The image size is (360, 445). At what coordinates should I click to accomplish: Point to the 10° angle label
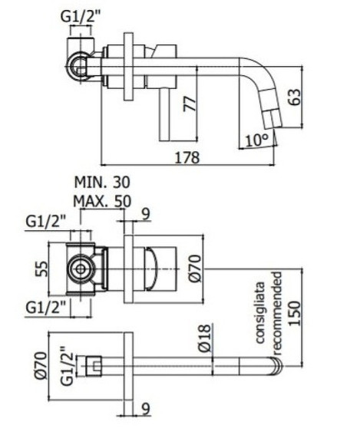(x=257, y=140)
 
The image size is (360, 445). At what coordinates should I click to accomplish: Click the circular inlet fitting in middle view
(x=77, y=270)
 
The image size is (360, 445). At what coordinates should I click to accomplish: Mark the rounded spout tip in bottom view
(x=275, y=367)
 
